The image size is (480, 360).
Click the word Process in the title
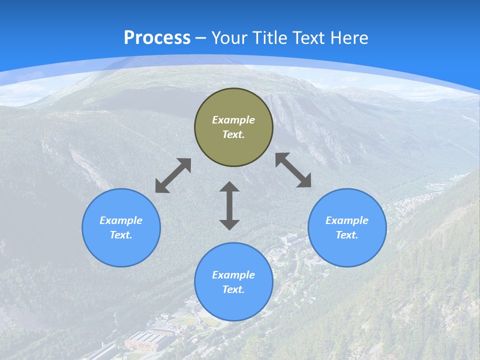[x=157, y=38]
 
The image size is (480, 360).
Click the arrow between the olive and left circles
[x=173, y=175]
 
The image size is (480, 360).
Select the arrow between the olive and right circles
[x=293, y=170]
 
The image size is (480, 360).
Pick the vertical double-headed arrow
[x=229, y=205]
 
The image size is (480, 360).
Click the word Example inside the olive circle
[x=233, y=120]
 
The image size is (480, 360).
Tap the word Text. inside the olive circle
[x=233, y=134]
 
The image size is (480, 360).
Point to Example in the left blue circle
[x=121, y=220]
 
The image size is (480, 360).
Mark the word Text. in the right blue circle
[x=347, y=235]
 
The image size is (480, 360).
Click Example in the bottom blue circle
[x=233, y=275]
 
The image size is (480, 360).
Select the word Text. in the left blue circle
[x=121, y=235]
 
